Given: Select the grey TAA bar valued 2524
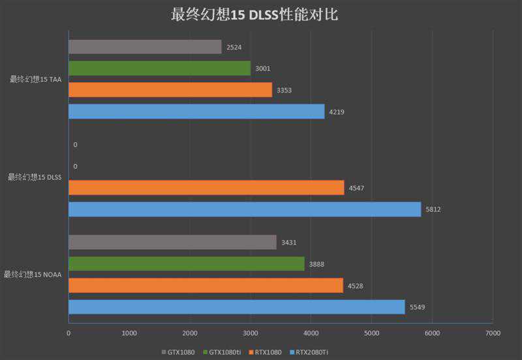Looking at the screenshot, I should coord(145,47).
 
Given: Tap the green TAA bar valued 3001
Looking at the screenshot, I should coord(159,68).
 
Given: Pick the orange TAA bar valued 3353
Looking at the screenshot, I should coord(170,90).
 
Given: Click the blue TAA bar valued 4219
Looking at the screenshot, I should coord(196,112).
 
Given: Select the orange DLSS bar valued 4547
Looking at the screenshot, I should coord(206,188).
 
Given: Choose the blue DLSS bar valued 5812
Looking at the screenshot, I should coord(245,209).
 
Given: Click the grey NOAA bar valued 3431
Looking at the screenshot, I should coord(172,242).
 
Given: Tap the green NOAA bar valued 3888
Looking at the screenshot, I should coord(186,263).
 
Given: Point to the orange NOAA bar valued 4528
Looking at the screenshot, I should coord(206,285).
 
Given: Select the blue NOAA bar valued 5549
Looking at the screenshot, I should coord(236,307).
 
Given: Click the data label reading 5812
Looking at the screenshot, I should coord(433,209).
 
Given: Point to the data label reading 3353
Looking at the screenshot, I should coord(284,90).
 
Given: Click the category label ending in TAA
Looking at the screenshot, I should coord(36,80).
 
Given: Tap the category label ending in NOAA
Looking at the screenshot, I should coord(33,275).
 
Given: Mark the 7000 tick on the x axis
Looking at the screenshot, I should coord(493,333).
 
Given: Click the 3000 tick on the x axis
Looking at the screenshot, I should coord(250,333).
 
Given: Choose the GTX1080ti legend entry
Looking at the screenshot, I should coord(222,352).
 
